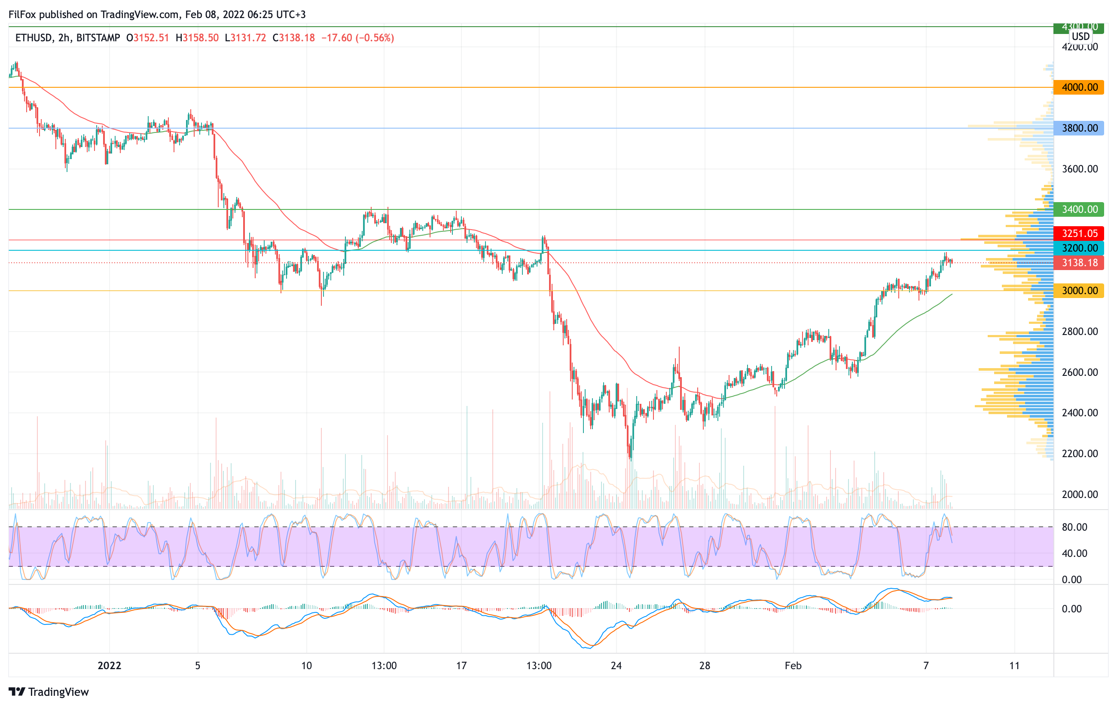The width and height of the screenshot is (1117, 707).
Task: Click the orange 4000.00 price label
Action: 1079,87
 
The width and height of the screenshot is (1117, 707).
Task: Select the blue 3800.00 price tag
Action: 1079,128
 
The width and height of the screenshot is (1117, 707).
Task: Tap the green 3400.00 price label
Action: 1079,209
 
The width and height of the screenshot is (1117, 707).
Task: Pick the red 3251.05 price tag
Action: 1079,234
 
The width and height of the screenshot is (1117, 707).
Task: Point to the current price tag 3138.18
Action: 1079,263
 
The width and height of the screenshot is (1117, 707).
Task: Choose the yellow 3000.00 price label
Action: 1079,291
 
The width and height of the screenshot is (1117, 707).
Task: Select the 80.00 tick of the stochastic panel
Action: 1074,527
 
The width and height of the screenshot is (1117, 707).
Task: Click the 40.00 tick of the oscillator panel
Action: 1074,553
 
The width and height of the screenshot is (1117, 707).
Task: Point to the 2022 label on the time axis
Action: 110,666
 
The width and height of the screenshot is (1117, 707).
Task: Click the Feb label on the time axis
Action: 793,666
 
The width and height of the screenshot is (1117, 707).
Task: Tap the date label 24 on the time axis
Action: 616,666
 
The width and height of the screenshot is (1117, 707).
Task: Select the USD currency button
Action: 1080,36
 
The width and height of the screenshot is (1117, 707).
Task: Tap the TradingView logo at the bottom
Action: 49,692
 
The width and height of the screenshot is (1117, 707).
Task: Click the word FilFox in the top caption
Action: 23,14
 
